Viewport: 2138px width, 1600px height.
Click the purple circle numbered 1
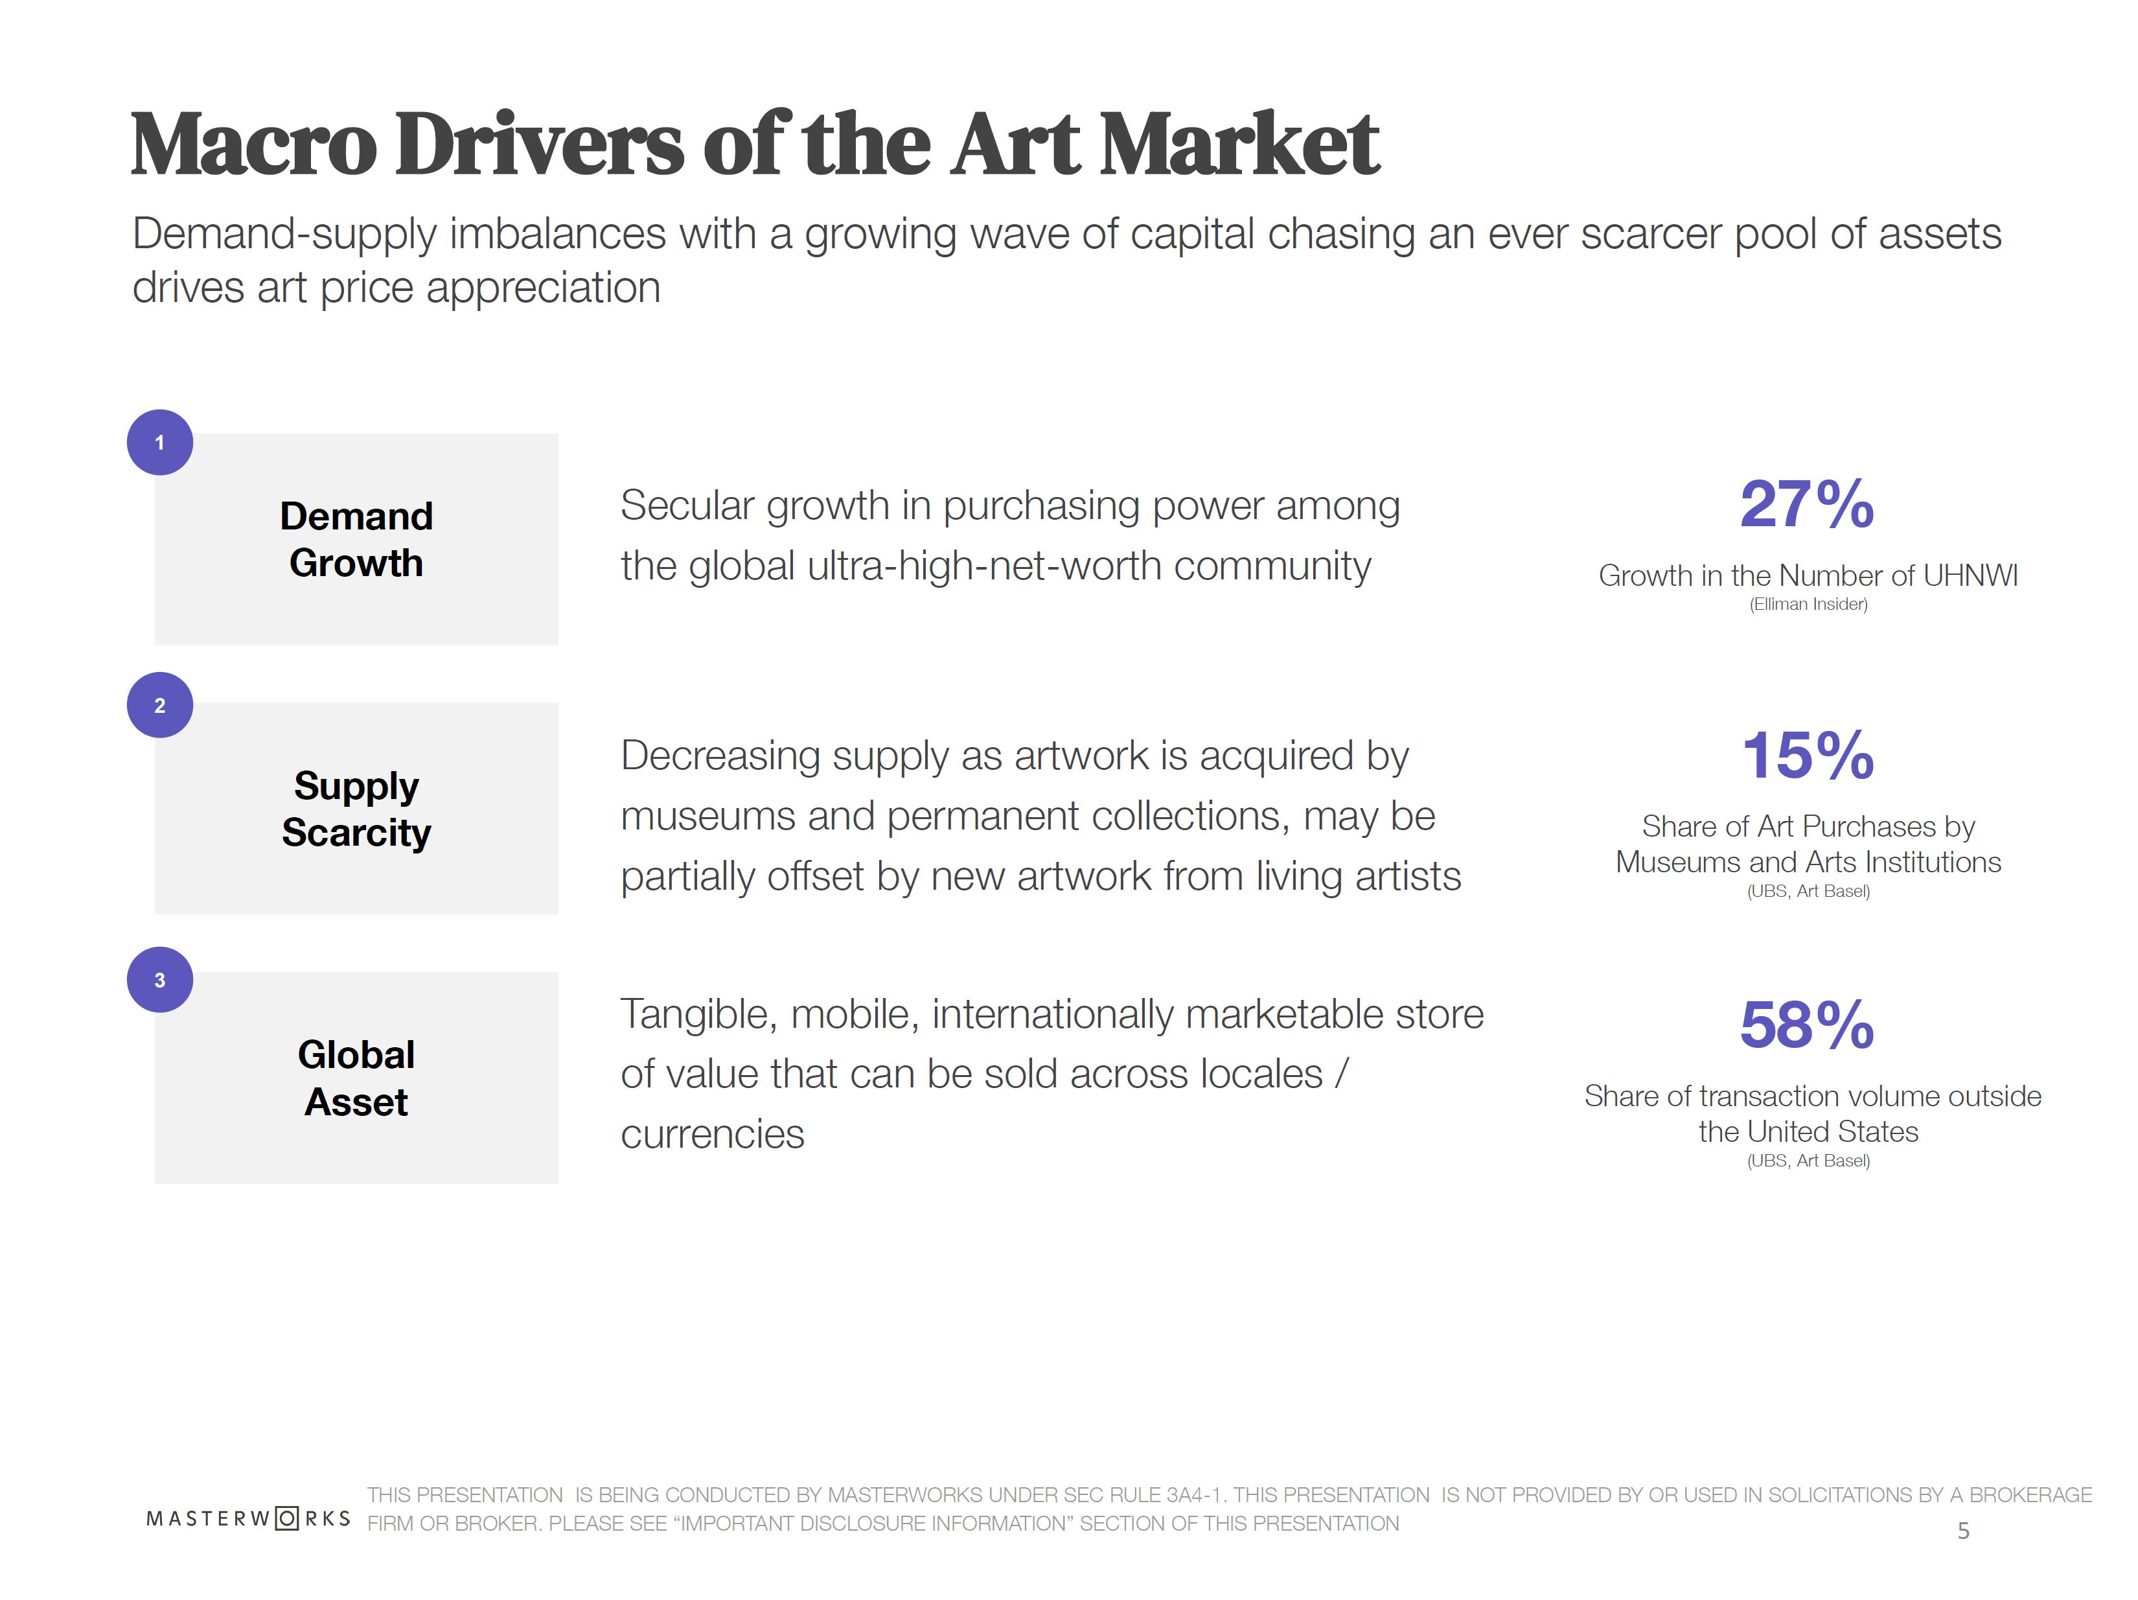[x=159, y=442]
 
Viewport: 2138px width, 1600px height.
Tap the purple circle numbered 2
[x=159, y=705]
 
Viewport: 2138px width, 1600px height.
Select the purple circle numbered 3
[x=159, y=979]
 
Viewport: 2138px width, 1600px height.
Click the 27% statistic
[x=1806, y=505]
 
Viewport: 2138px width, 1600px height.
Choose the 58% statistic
[x=1806, y=1025]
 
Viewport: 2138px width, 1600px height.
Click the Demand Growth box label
[x=356, y=539]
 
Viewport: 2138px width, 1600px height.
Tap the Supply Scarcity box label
[x=356, y=809]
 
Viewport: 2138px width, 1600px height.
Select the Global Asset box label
[x=356, y=1078]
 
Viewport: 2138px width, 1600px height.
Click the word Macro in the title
[x=253, y=145]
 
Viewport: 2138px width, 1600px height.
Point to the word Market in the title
[x=1239, y=145]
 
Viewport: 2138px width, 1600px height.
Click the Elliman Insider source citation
[x=1808, y=604]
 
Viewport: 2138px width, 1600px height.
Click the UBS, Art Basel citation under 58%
[x=1808, y=1161]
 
